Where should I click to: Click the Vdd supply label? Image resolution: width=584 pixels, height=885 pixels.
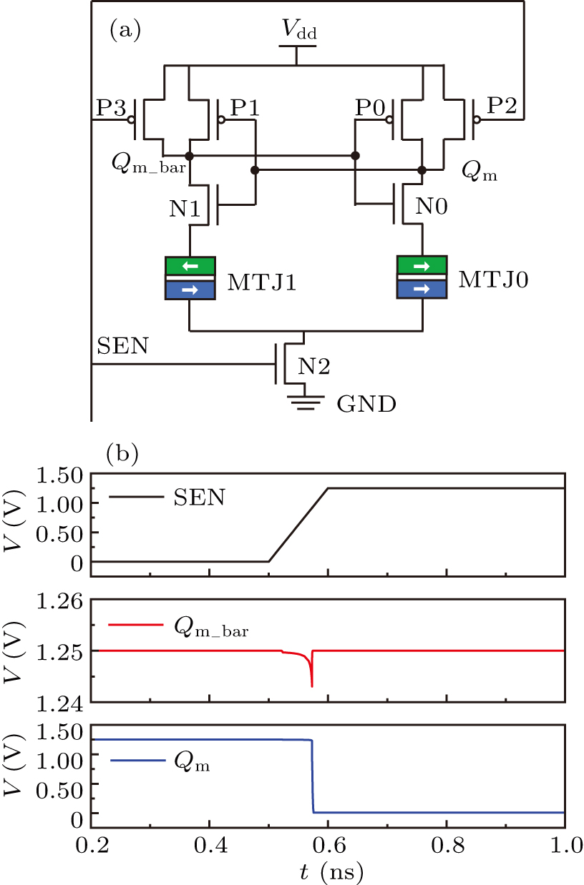point(296,31)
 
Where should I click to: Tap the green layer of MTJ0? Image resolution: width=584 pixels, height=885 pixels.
point(422,266)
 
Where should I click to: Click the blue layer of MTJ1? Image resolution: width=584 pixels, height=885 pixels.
point(190,290)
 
